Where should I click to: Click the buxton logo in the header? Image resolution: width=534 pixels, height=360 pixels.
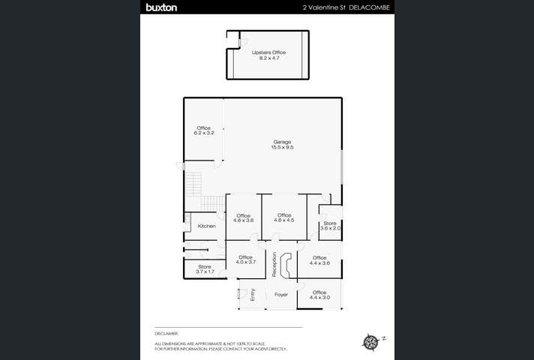pos(161,7)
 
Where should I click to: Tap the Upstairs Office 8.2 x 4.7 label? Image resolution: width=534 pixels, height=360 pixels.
pos(268,55)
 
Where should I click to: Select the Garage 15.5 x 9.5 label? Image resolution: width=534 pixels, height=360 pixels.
pos(282,145)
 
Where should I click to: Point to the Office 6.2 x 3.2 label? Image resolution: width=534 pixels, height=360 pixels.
pos(204,130)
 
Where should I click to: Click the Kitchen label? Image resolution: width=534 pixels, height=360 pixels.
pos(206,226)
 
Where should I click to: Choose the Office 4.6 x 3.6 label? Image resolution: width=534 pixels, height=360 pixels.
pos(244,218)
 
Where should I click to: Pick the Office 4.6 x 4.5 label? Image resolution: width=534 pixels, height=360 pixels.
pos(283,217)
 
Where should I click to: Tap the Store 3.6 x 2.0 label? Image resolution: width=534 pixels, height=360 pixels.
pos(330,226)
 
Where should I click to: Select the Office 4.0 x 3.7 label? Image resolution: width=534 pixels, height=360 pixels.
pos(245,259)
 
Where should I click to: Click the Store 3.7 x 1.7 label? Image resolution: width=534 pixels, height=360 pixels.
pos(205,268)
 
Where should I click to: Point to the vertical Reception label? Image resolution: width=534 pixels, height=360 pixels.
pos(274,264)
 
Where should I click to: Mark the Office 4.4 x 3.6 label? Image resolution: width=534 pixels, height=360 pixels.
pos(319,260)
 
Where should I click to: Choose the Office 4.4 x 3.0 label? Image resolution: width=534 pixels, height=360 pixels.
pos(319,295)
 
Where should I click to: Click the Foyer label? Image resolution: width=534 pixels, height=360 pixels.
pos(281,295)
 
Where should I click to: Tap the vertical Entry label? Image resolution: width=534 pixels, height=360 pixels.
pos(253,295)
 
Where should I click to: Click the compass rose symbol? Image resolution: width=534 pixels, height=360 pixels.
pos(371,342)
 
